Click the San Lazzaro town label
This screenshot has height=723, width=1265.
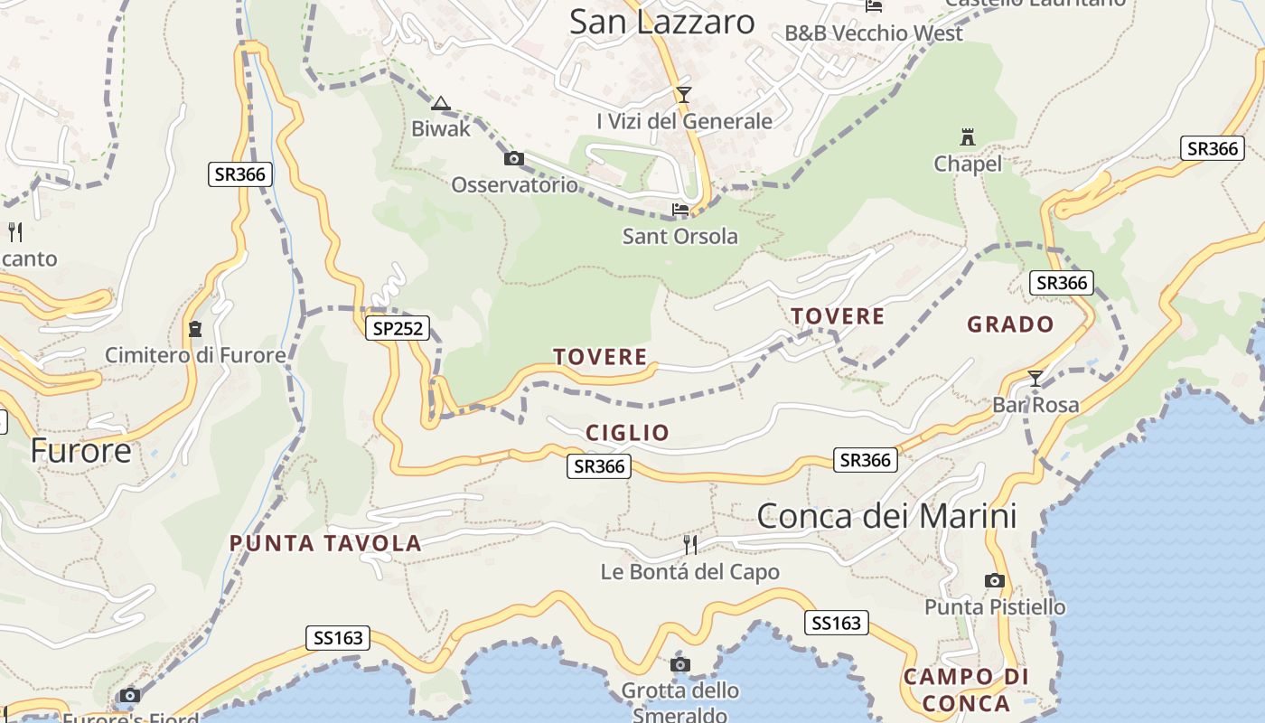[x=661, y=23]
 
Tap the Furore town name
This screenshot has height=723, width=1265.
[x=81, y=449]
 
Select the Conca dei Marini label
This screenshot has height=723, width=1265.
[x=886, y=516]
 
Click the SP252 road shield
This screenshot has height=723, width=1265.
[x=397, y=328]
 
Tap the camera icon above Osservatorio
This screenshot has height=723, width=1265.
[x=513, y=159]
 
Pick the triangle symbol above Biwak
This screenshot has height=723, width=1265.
[x=440, y=103]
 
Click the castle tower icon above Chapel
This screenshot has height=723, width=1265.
[x=968, y=137]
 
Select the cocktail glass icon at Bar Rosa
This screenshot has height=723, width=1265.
[x=1035, y=379]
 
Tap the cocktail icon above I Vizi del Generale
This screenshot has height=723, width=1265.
[x=684, y=95]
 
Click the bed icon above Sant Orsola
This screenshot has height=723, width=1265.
[x=680, y=210]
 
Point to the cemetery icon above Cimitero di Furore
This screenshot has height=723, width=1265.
[x=195, y=328]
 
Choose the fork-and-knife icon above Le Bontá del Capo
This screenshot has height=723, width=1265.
[x=690, y=544]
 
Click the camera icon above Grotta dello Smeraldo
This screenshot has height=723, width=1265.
[x=680, y=665]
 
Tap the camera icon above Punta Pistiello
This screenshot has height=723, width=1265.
[x=995, y=580]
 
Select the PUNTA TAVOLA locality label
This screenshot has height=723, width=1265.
[x=325, y=543]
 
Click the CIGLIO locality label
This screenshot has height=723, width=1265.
[x=628, y=433]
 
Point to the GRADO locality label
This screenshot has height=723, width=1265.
[x=1010, y=324]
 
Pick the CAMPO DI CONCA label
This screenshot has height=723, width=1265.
[x=967, y=690]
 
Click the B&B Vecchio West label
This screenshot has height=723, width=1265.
[x=874, y=33]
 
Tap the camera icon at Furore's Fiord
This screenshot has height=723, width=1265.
[x=130, y=695]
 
